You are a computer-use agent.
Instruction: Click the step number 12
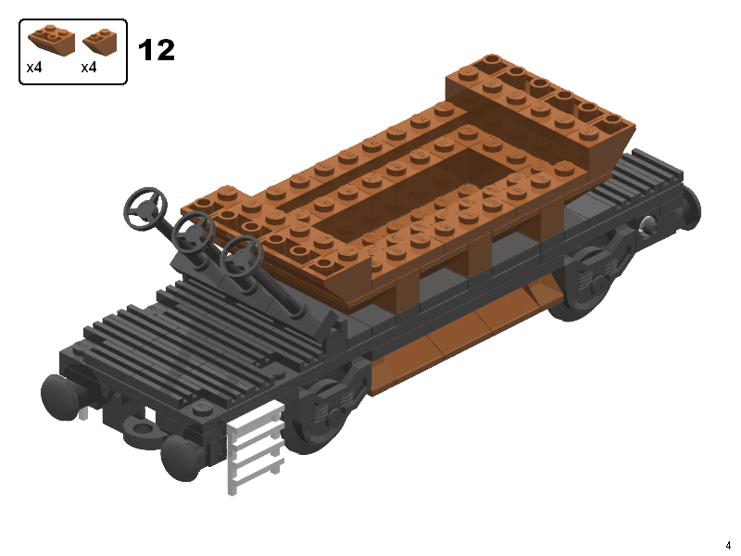[156, 50]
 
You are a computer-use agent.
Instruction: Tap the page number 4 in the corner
[728, 545]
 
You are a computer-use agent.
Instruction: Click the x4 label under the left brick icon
[34, 68]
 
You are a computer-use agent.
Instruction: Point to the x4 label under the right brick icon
[89, 68]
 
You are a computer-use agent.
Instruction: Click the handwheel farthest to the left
[145, 206]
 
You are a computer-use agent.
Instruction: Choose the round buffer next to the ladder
[181, 457]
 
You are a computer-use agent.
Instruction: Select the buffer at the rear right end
[690, 208]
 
